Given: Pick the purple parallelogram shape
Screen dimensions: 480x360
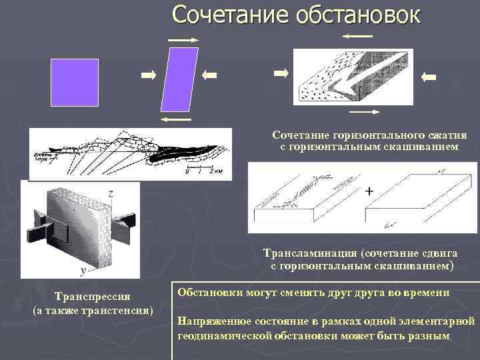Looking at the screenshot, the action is point(180,79).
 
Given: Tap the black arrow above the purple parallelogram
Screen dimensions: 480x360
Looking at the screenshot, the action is point(183,41).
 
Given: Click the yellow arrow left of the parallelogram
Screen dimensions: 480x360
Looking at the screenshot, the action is point(148,75).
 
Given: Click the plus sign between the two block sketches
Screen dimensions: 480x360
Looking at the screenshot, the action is point(369,192).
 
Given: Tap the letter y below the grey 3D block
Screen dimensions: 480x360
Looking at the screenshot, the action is point(82,271).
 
